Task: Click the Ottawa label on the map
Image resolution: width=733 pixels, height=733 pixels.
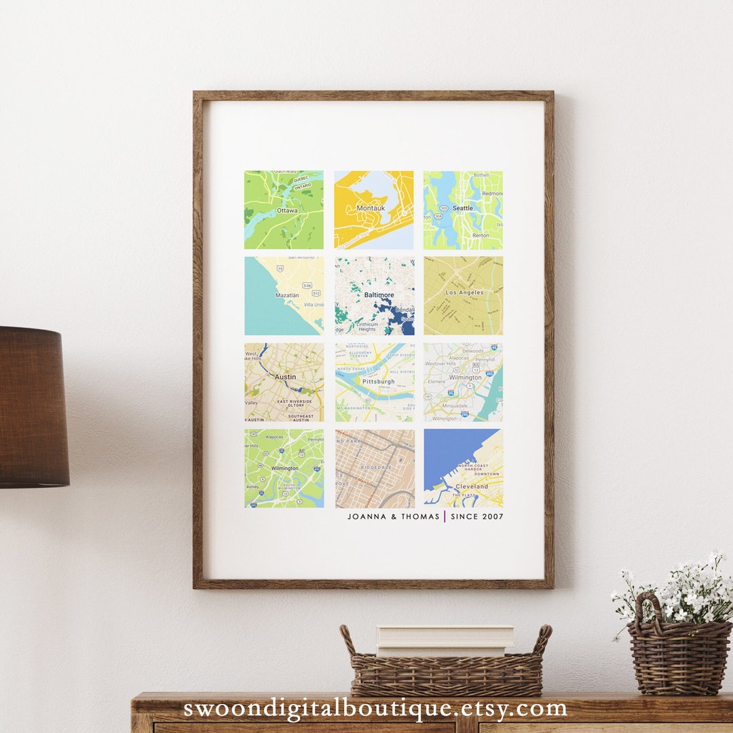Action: coord(287,210)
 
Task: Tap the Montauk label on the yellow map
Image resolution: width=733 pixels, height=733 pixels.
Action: coord(371,208)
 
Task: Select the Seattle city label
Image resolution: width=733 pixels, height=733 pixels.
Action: coord(463,208)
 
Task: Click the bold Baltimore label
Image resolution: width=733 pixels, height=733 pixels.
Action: coord(379,295)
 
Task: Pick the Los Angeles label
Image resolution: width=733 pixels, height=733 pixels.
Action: coord(465,293)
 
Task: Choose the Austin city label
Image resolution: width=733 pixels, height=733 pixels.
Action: coord(285,377)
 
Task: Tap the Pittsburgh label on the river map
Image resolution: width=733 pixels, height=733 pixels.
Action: coord(378,381)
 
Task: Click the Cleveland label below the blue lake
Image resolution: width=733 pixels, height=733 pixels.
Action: coord(472,487)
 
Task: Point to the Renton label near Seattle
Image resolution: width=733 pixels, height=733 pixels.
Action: coord(481,236)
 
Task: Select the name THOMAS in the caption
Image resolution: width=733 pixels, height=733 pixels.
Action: coord(419,516)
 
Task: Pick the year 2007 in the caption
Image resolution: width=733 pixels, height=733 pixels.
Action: coord(492,516)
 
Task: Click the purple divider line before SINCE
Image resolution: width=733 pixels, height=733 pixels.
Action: coord(445,516)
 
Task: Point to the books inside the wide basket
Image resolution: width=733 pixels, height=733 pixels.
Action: coord(445,640)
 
